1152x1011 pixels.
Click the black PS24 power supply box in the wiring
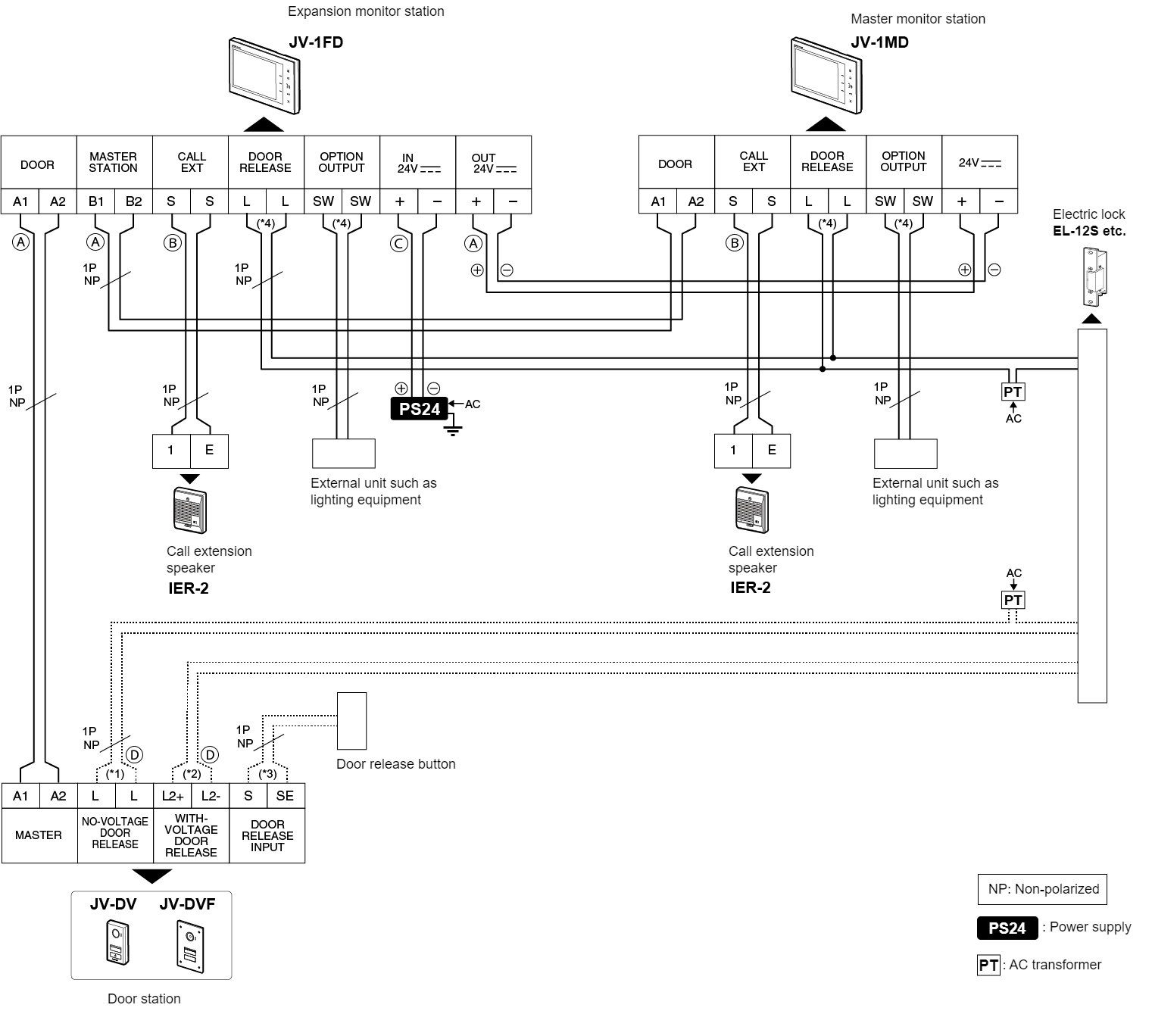pos(419,409)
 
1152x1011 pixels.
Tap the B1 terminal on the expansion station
pos(95,201)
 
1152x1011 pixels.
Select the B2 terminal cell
pos(133,201)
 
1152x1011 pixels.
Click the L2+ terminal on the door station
pos(172,796)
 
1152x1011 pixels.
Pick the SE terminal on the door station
pos(285,796)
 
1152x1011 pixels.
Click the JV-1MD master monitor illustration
pos(826,76)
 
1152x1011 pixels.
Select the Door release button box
pos(351,721)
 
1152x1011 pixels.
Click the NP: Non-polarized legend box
pos(1042,889)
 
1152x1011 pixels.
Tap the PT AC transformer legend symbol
pos(988,965)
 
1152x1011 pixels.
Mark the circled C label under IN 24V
pos(398,243)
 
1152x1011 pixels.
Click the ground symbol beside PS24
pos(453,431)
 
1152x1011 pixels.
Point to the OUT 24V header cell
pos(493,163)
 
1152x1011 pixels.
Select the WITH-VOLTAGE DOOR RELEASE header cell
pos(191,835)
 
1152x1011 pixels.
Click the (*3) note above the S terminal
pos(267,774)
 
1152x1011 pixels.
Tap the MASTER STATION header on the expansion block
pos(114,163)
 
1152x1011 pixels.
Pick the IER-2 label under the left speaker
pos(188,588)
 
